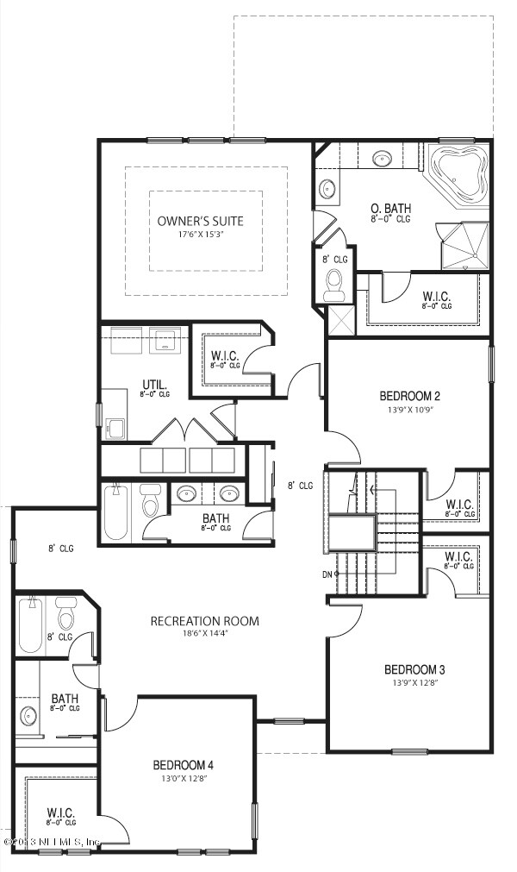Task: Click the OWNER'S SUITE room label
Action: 200,221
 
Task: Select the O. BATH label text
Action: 389,209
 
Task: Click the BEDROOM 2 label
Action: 410,396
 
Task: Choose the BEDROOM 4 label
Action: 183,764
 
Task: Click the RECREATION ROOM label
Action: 204,621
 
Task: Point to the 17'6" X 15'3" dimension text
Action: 200,235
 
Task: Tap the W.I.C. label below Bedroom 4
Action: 61,812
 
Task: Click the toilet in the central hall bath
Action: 153,499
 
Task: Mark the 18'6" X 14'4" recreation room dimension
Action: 204,635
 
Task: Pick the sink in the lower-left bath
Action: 29,716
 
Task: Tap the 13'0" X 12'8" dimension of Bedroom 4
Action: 183,778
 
